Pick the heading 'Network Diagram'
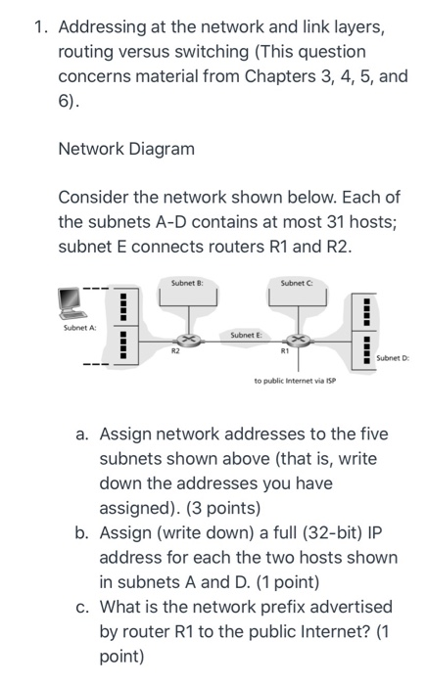coord(126,149)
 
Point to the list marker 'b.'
coord(85,532)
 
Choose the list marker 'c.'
coord(85,607)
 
